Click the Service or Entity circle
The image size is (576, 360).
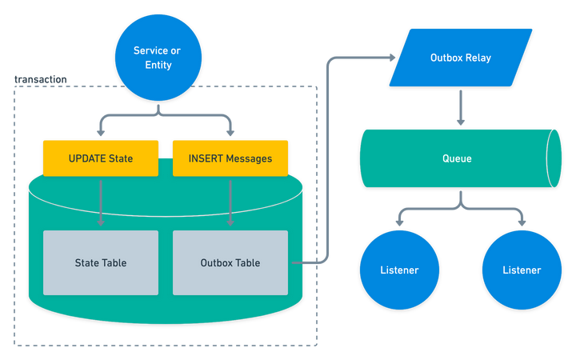coord(158,58)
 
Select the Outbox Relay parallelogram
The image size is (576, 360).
coord(461,58)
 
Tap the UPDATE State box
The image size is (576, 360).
coord(101,158)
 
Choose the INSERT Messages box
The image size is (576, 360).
coord(230,158)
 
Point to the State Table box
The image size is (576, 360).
coord(101,262)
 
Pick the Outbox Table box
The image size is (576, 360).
coord(230,262)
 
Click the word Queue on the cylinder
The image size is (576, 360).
coord(457,158)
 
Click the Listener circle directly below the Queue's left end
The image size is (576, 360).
coord(399,270)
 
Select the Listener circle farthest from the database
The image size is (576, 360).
coord(522,270)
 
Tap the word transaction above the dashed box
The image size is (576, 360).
coord(41,79)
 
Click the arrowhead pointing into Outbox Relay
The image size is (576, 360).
coord(392,58)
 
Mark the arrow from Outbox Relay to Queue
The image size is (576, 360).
coord(461,108)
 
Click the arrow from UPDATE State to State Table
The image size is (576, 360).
coord(101,202)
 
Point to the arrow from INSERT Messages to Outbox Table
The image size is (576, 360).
coord(230,202)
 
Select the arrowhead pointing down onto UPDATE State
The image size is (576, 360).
coord(101,133)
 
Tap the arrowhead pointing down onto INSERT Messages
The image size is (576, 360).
coord(230,133)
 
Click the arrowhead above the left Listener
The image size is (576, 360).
coord(400,223)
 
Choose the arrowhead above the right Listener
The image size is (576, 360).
coord(522,223)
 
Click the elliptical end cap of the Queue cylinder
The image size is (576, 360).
coord(554,158)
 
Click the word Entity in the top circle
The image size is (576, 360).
coord(158,65)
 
